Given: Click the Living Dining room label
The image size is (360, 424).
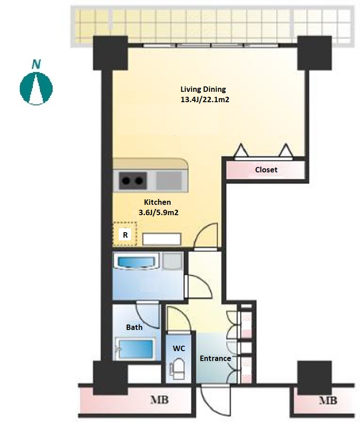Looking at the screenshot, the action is pos(203,89).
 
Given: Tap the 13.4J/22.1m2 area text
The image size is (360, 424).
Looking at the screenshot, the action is pos(205,99).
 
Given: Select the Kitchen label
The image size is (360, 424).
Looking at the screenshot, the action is pos(157,202).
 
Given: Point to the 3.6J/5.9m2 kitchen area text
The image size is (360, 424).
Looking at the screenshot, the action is pos(158,212).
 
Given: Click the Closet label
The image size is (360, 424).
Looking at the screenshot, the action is pos(266,170).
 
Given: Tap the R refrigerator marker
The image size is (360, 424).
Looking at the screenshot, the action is pos(125,235).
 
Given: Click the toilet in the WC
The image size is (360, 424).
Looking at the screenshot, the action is pos(178,369).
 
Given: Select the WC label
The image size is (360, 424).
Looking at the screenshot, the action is pos(179,348).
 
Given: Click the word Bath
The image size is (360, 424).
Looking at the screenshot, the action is pos(134,327).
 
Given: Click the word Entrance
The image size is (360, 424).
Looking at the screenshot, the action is pos(216,359).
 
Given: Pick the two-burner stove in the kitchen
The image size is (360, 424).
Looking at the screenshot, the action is pos(133,180).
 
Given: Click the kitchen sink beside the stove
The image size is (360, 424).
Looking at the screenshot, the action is pos(169,180).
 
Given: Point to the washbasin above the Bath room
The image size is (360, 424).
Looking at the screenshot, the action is pos(135,262).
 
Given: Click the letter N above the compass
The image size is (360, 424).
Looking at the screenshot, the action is pos(36,64).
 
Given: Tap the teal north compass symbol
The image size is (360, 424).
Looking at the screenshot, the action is pos(36,88).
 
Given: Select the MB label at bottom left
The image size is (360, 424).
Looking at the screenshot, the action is pos(159,400).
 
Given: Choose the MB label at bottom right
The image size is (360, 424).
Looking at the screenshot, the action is pos(328,401).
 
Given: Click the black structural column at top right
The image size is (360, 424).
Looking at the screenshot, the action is pos(314,53).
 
